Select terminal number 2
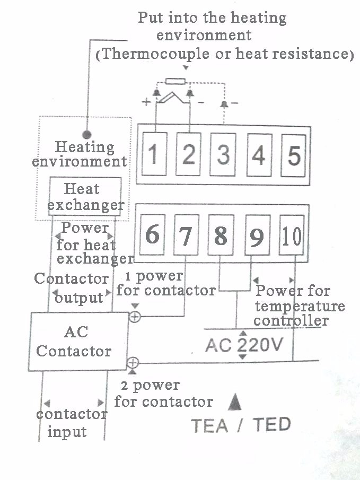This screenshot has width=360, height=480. click(x=188, y=154)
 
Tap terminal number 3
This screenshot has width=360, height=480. click(x=223, y=154)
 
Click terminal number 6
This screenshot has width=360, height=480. click(x=152, y=234)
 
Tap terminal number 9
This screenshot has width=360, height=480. click(x=256, y=236)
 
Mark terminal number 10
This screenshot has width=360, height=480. click(x=292, y=236)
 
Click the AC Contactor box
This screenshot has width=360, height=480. click(x=78, y=342)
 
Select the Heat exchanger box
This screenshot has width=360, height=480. click(x=85, y=196)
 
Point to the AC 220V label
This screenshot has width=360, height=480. click(x=244, y=345)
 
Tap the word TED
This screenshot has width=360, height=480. click(x=271, y=425)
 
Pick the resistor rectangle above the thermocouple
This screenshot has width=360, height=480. click(x=174, y=81)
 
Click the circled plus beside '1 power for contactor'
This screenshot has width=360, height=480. click(x=135, y=317)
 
